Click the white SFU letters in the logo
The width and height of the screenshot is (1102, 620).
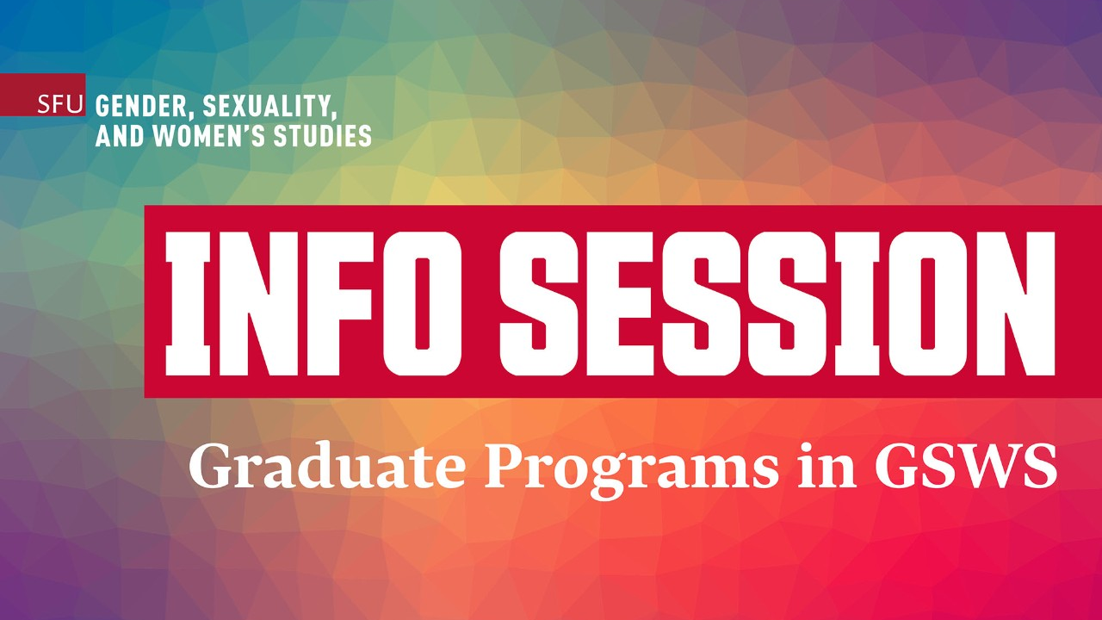pos(60,106)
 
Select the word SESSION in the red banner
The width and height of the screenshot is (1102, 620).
pos(766,301)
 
